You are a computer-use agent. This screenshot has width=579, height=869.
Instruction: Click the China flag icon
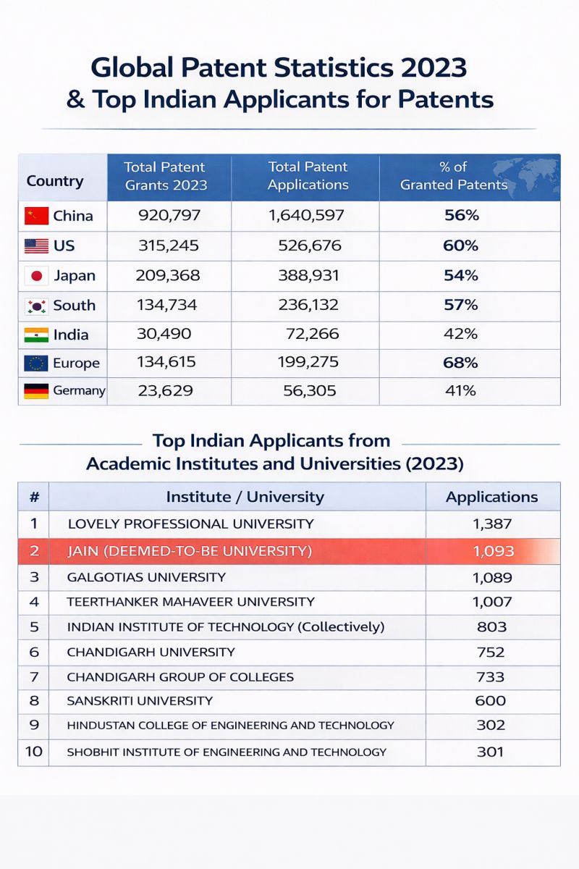(36, 215)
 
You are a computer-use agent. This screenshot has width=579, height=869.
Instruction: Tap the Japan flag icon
(36, 276)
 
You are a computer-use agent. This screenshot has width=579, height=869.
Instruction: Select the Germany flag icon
(36, 391)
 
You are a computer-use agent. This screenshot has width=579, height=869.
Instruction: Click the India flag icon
(36, 335)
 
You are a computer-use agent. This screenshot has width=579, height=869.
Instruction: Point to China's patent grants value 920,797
(169, 215)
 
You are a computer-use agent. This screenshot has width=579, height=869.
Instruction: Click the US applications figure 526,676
(310, 245)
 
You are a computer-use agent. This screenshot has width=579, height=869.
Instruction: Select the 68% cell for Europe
(460, 362)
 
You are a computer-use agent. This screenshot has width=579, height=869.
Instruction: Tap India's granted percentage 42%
(460, 335)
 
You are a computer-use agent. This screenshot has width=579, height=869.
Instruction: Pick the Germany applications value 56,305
(310, 391)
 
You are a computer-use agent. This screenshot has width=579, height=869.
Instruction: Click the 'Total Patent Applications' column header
(308, 176)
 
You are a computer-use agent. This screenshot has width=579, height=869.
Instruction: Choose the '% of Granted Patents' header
(454, 176)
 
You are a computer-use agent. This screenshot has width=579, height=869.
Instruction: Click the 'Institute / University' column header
(245, 497)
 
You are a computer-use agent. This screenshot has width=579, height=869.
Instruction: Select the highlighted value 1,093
(493, 551)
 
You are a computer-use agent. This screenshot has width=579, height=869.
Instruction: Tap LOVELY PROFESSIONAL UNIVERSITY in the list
(190, 524)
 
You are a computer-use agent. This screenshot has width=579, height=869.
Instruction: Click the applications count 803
(492, 626)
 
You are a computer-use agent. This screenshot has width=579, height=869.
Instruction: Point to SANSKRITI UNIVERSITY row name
(140, 701)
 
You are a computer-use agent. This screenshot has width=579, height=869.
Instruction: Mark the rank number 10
(34, 752)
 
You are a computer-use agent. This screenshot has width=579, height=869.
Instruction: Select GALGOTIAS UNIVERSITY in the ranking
(146, 578)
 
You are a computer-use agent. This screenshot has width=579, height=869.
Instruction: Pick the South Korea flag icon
(36, 306)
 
